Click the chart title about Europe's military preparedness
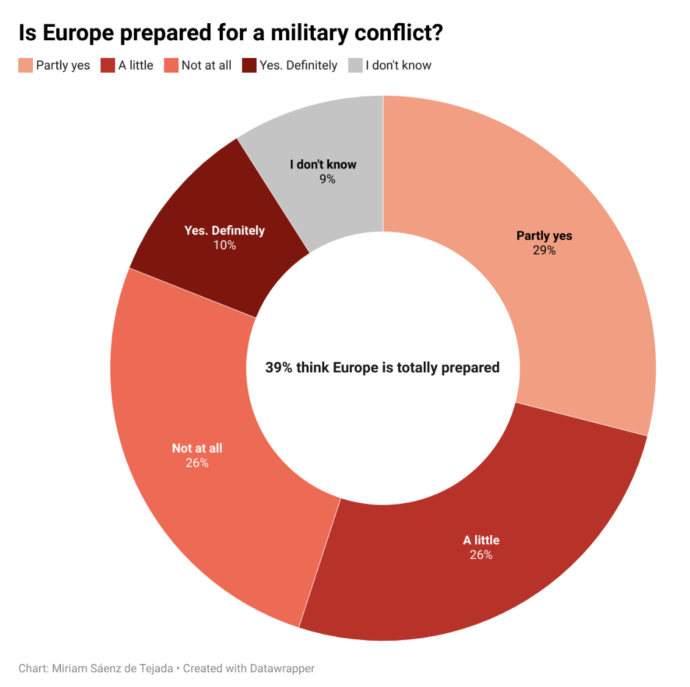click(x=230, y=32)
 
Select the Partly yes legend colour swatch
click(x=26, y=65)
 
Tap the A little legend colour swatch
click(x=108, y=65)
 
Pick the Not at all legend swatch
click(x=171, y=65)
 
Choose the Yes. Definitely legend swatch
click(x=249, y=65)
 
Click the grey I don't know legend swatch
click(x=355, y=65)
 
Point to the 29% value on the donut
click(x=544, y=250)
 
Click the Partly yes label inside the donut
click(x=544, y=236)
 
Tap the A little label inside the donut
click(x=481, y=540)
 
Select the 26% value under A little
click(x=481, y=555)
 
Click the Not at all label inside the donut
click(x=197, y=448)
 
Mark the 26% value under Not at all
click(x=197, y=462)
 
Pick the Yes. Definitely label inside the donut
click(x=225, y=230)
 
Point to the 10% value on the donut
click(x=225, y=245)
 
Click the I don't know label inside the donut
click(x=323, y=164)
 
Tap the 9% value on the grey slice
click(x=327, y=179)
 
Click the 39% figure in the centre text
click(x=278, y=367)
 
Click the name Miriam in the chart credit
click(x=69, y=668)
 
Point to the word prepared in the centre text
click(x=470, y=368)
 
